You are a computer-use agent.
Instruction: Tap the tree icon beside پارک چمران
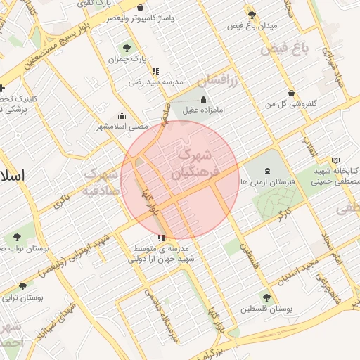[x=127, y=48]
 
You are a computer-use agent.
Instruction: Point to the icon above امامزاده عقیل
[x=204, y=98]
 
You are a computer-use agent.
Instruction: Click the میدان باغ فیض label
[x=252, y=25]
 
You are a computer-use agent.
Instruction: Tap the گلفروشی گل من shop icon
[x=292, y=93]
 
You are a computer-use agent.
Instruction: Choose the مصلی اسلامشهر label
[x=122, y=127]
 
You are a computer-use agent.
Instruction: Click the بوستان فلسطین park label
[x=266, y=309]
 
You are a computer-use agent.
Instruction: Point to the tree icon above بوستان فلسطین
[x=265, y=297]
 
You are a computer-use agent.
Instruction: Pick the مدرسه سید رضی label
[x=146, y=82]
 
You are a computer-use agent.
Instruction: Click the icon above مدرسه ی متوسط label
[x=162, y=238]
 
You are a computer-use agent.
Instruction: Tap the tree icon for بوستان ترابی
[x=23, y=286]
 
